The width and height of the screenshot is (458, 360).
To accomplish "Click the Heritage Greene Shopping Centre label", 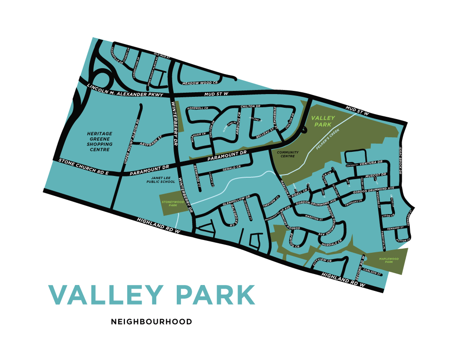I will point(100,141).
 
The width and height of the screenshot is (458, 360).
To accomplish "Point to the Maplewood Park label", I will point(388,260).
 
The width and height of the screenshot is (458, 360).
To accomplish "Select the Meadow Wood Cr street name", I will point(200,83).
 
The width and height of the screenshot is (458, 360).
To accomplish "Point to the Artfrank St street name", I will point(151,144).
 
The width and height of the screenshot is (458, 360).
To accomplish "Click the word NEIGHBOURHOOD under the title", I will point(151,322).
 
